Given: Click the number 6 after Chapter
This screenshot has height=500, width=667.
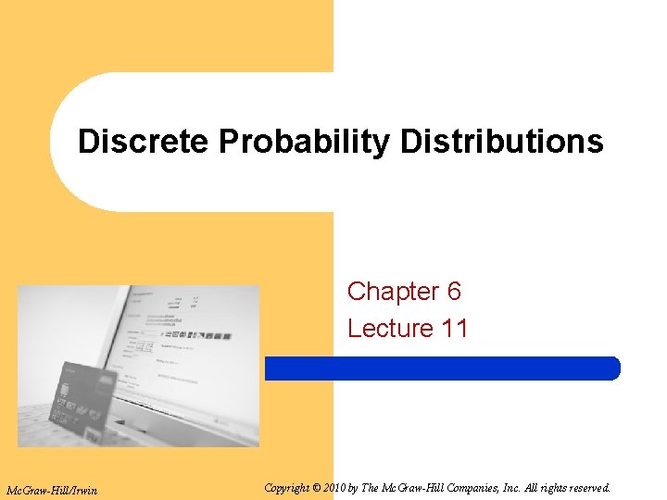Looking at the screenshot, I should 454,292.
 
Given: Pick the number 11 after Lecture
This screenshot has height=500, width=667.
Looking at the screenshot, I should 454,329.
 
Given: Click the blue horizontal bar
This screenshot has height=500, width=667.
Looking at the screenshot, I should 442,369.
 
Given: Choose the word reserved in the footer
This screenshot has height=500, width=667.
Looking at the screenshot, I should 586,487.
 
